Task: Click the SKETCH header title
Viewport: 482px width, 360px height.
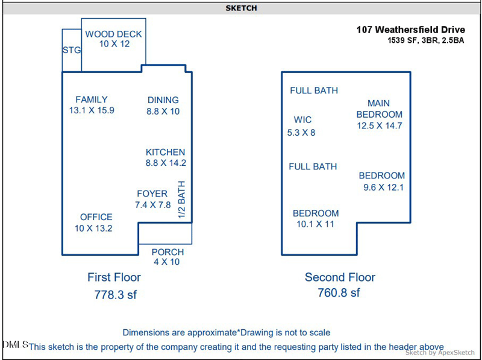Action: pos(241,8)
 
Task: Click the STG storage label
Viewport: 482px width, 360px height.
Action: pos(72,50)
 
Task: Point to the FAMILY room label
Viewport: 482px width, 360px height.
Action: pos(92,99)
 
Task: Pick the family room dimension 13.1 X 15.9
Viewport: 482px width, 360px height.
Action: pos(92,110)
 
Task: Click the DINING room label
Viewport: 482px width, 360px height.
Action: pos(163,100)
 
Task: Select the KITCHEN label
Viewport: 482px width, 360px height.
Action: pos(166,153)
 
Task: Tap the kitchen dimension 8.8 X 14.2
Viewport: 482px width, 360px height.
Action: pos(166,163)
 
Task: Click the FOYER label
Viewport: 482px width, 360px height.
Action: pos(152,194)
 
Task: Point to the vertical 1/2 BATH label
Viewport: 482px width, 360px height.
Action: pos(181,200)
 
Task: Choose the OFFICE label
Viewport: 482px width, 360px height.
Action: pos(96,217)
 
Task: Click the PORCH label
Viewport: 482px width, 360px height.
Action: pos(167,252)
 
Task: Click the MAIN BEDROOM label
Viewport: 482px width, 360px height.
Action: pos(379,109)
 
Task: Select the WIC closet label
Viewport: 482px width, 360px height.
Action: pos(302,120)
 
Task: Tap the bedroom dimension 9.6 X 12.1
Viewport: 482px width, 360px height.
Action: pos(383,188)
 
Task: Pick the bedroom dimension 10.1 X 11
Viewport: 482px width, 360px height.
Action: pos(315,224)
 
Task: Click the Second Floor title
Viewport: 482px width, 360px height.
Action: pos(340,277)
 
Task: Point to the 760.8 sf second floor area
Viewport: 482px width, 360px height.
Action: pos(339,293)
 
